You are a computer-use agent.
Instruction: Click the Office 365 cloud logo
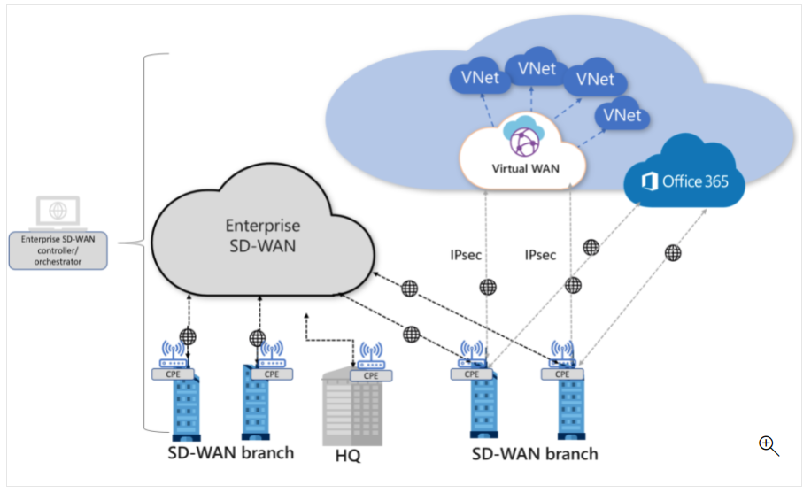click(684, 181)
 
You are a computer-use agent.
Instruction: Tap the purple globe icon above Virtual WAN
click(522, 140)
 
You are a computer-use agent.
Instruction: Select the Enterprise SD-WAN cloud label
click(261, 235)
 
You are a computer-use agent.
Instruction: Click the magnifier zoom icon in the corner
click(768, 446)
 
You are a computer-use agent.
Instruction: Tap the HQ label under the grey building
click(348, 457)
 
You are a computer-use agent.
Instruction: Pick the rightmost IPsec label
click(540, 256)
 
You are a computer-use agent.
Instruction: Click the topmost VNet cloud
click(537, 67)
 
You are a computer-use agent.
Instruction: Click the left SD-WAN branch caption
click(230, 453)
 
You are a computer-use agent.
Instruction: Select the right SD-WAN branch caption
click(534, 453)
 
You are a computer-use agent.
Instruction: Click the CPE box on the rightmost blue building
click(562, 373)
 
